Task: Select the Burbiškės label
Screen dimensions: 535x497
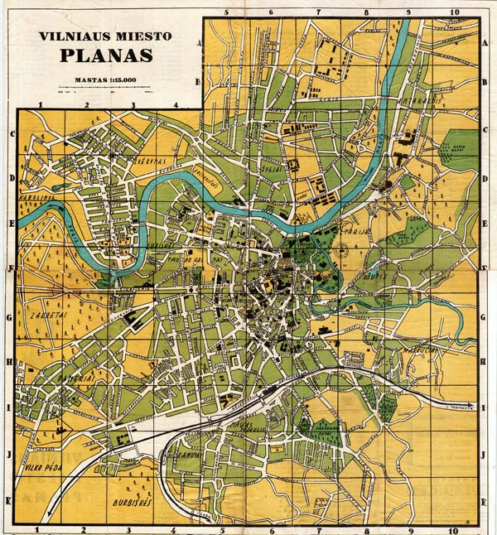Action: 130,503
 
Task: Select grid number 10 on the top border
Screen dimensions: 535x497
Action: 454,12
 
